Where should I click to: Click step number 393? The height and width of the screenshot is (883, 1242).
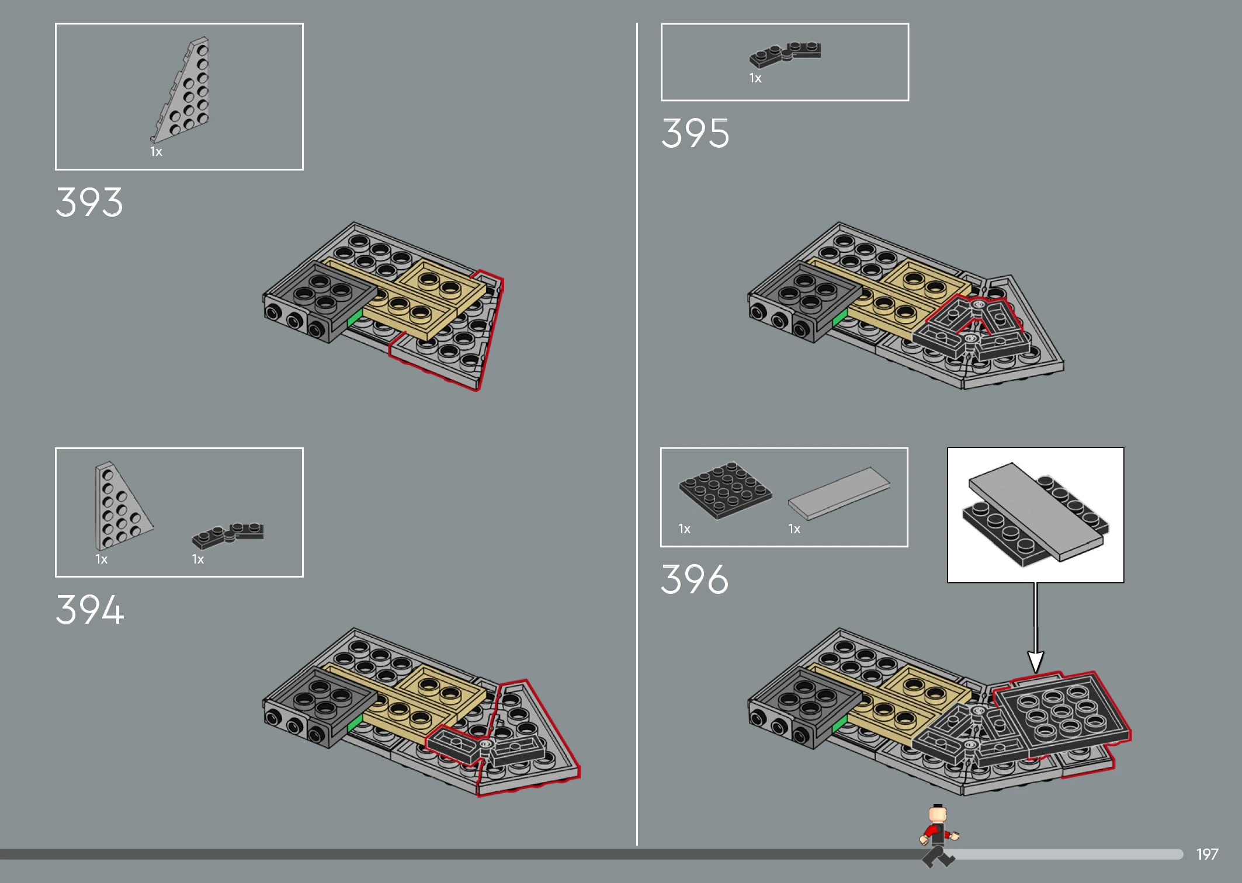[x=89, y=203]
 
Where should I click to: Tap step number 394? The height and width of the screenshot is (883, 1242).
[x=89, y=610]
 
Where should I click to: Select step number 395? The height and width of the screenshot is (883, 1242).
[x=695, y=133]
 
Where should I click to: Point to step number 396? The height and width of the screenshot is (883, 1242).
[x=695, y=579]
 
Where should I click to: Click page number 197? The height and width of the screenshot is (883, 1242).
[x=1207, y=854]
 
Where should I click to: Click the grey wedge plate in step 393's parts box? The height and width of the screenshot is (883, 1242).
[x=181, y=90]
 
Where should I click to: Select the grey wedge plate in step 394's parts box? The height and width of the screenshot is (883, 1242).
[x=123, y=506]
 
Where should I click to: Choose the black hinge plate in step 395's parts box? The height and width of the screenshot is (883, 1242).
[x=785, y=54]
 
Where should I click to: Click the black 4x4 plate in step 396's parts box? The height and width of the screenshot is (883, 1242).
[x=725, y=490]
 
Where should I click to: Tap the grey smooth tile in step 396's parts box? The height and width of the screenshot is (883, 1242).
[x=839, y=493]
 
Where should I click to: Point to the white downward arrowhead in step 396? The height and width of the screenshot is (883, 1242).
[x=1036, y=662]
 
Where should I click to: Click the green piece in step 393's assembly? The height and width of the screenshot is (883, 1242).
[x=355, y=318]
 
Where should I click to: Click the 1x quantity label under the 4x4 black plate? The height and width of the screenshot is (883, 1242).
[x=684, y=529]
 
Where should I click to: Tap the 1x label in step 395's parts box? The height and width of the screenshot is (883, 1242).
[x=755, y=78]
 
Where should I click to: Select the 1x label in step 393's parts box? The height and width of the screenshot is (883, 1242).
[x=156, y=152]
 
